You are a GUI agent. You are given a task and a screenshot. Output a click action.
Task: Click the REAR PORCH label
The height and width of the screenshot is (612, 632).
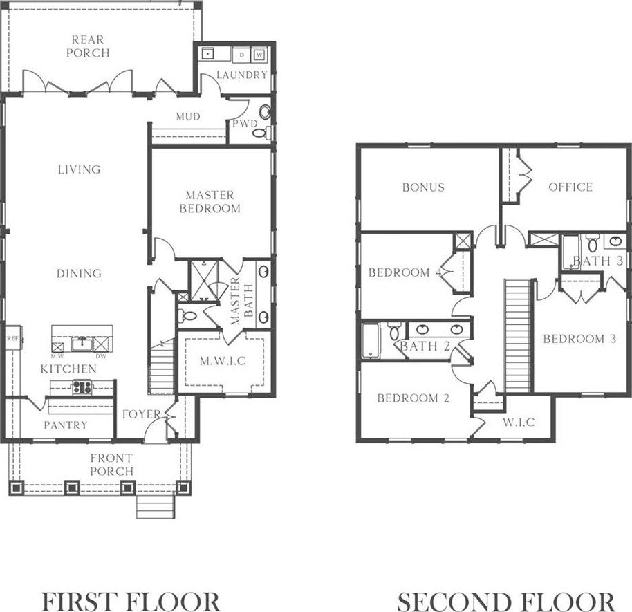click(x=88, y=46)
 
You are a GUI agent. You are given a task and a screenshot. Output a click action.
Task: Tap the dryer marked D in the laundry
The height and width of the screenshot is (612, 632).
click(x=241, y=55)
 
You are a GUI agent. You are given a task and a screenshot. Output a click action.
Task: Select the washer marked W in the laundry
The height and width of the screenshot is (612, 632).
click(x=259, y=55)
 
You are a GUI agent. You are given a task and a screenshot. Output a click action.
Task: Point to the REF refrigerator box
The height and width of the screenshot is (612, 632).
click(x=13, y=338)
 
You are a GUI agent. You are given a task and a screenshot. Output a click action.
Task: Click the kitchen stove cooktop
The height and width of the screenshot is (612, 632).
click(x=82, y=387)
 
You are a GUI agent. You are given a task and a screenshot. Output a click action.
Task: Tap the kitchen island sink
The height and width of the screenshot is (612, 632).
click(x=82, y=344)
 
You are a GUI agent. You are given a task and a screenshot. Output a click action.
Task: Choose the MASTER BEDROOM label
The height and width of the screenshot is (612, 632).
click(x=210, y=202)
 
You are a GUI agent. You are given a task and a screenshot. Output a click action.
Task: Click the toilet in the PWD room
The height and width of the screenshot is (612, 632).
click(x=261, y=132)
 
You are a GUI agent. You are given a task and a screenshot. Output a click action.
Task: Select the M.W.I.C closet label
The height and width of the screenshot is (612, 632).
click(x=223, y=361)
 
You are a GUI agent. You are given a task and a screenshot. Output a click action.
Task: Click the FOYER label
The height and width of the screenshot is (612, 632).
click(x=142, y=414)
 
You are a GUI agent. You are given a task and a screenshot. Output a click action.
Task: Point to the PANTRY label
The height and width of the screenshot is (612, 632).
click(x=66, y=425)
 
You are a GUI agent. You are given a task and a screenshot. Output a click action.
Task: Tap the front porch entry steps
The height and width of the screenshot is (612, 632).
click(x=156, y=506)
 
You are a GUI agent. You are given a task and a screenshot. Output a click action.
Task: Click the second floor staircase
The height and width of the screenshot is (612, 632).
click(x=517, y=336)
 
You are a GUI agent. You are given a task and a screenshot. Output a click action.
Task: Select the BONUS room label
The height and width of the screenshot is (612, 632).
click(x=423, y=187)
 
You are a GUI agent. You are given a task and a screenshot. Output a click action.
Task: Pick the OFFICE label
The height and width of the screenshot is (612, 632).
click(x=570, y=187)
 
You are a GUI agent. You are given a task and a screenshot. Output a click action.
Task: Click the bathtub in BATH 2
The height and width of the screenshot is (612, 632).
click(x=371, y=340)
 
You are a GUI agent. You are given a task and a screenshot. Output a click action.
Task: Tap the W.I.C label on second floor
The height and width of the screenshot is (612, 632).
click(x=519, y=422)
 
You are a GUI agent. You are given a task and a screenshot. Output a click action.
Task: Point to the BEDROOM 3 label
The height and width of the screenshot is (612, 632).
click(x=579, y=339)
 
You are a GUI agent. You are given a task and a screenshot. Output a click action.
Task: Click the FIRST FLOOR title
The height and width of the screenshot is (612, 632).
click(x=131, y=602)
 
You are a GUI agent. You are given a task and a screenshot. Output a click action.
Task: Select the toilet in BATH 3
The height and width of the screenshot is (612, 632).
click(x=592, y=243)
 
